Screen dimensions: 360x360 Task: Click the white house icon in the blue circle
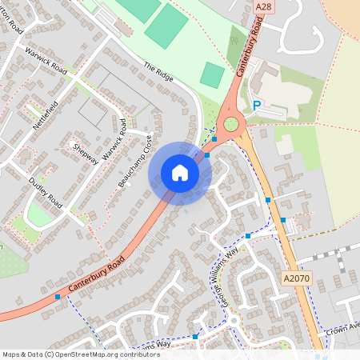180,173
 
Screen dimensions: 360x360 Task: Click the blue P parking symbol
257,105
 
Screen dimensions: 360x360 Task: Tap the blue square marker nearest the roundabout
214,139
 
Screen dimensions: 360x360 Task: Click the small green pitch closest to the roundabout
212,75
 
